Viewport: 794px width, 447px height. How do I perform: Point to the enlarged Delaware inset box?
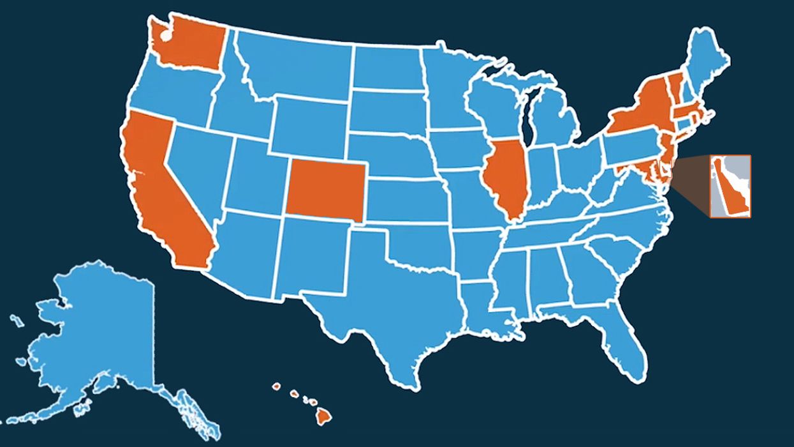(730, 186)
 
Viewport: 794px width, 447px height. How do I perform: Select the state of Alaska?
(96, 338)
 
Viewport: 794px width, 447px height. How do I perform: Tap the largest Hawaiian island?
(325, 416)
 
